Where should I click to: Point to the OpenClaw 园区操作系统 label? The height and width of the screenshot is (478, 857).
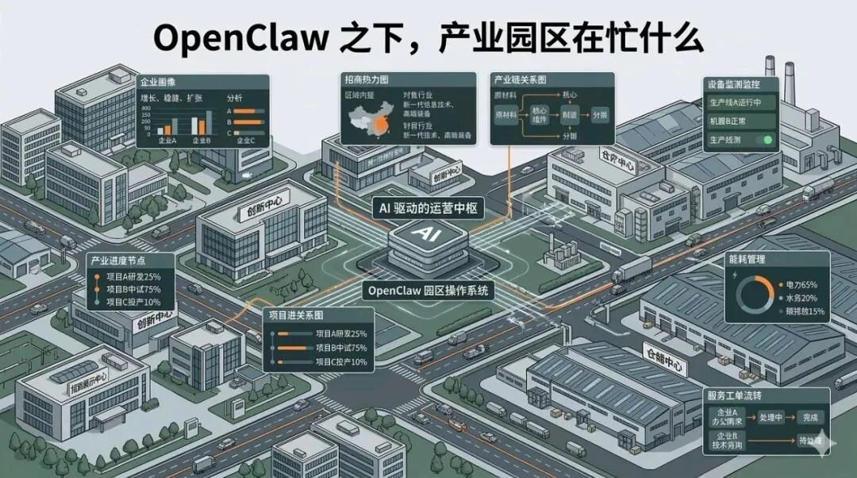[x=429, y=291]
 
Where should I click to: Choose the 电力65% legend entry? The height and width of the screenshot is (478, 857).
[x=802, y=283]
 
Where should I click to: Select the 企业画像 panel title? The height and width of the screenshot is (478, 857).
[x=158, y=82]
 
